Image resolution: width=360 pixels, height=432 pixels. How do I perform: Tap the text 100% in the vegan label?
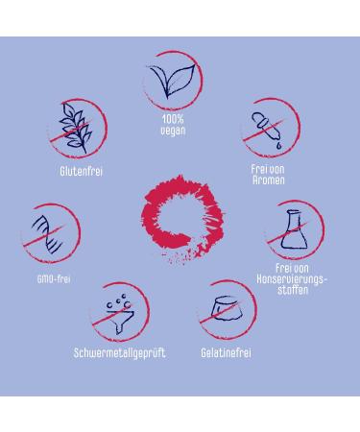(x=173, y=119)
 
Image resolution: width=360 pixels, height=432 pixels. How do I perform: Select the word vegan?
(x=173, y=131)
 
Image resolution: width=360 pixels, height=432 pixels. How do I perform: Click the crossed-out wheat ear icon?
(x=76, y=128)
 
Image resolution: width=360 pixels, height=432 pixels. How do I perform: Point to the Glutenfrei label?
(x=82, y=171)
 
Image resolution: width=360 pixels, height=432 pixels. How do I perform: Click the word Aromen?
(x=268, y=180)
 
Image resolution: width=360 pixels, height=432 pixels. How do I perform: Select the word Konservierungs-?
(x=292, y=279)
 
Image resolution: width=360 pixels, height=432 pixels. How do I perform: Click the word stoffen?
(x=293, y=290)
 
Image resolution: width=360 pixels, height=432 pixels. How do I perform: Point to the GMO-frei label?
(x=54, y=279)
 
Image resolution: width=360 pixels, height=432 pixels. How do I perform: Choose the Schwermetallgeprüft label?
(x=119, y=353)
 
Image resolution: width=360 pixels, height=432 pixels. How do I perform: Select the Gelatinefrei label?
(x=226, y=353)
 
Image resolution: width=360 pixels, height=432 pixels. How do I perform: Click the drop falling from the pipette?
(x=279, y=146)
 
